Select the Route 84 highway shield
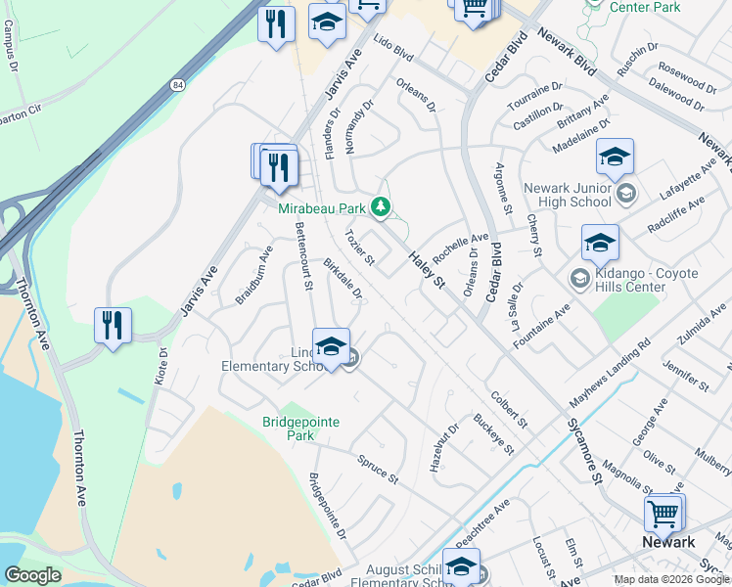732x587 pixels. click(x=175, y=85)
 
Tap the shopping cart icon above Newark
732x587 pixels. click(x=663, y=512)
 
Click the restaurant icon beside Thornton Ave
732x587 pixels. click(x=114, y=325)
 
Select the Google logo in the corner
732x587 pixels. click(x=32, y=575)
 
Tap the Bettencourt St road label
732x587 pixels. click(x=302, y=257)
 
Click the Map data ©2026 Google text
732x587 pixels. click(x=671, y=579)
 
